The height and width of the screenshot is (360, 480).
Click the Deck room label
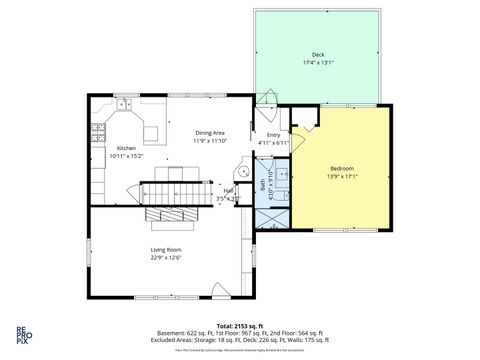(318, 56)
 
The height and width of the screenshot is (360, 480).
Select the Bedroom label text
(341, 170)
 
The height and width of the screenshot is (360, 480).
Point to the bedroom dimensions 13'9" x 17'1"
(341, 178)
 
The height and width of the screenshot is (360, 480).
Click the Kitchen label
(126, 148)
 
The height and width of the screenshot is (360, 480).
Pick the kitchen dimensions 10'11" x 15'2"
(126, 156)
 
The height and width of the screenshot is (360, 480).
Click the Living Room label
(166, 249)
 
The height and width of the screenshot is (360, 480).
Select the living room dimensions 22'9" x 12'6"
(166, 257)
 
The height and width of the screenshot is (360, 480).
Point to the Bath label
(263, 185)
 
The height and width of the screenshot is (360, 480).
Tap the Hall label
(229, 190)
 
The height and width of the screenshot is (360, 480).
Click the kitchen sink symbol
(124, 105)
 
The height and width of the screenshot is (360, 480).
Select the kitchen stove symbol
(98, 129)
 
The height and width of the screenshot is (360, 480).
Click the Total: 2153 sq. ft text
(239, 326)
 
